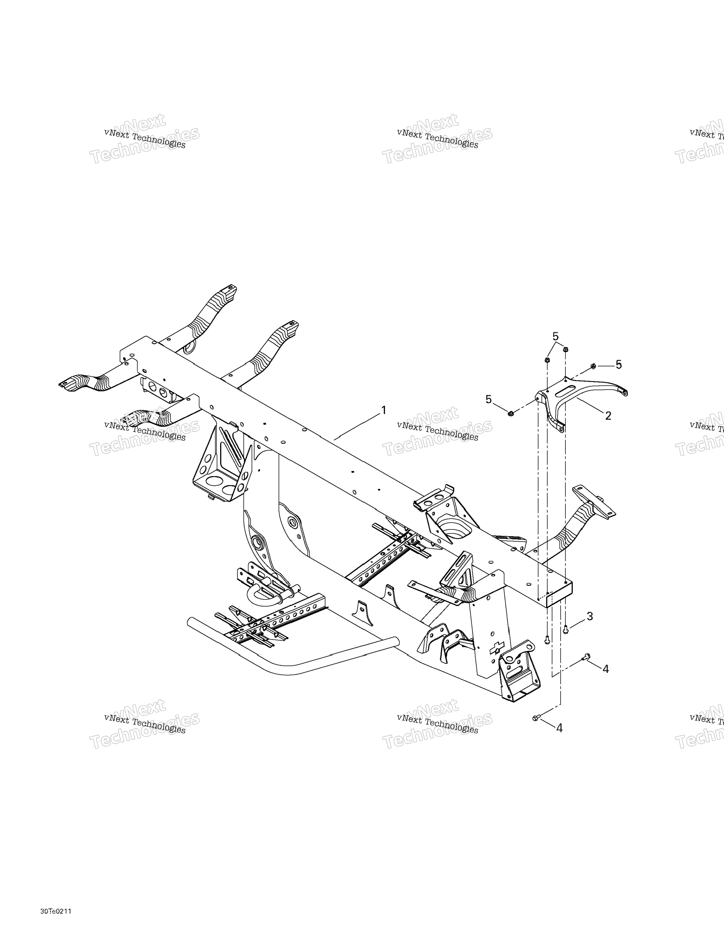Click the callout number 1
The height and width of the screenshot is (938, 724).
[x=384, y=411]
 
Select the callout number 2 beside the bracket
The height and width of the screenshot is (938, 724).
[x=608, y=415]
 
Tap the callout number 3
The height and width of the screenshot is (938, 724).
[x=590, y=616]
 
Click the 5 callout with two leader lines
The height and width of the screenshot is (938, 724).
[x=556, y=336]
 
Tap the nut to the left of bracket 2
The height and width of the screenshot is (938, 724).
[x=511, y=414]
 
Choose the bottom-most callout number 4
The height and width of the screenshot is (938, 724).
[x=559, y=728]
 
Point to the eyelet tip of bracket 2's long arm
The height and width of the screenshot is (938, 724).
[x=624, y=392]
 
